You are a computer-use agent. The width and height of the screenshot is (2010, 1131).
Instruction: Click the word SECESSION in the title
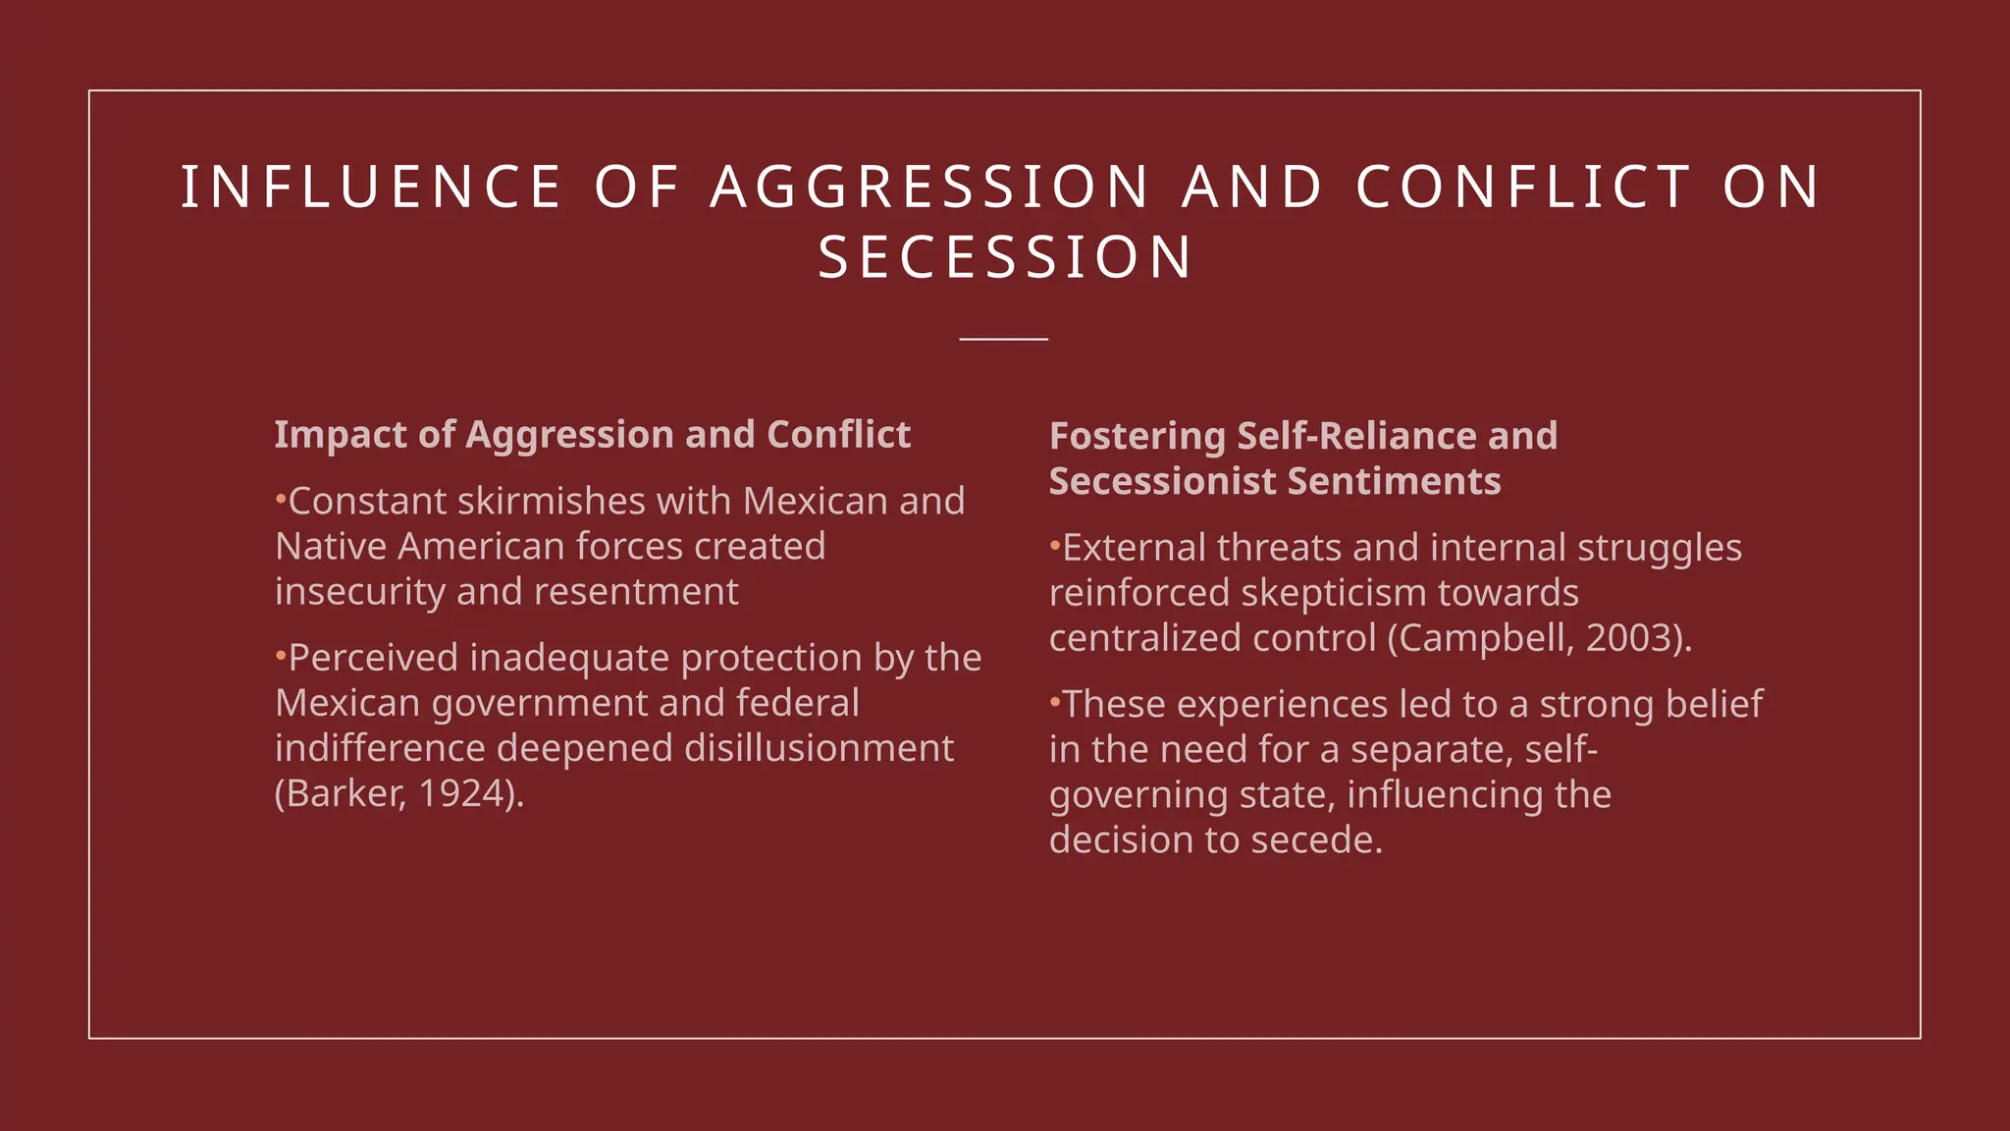1005,257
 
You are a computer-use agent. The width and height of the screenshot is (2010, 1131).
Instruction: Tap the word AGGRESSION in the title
929,187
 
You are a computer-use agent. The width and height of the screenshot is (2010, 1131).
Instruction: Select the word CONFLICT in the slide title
1523,187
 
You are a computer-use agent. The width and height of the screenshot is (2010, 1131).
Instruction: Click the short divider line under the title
1004,339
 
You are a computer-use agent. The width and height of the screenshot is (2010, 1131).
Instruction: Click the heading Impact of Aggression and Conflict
592,434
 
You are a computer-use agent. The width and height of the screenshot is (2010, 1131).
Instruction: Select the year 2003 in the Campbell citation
1629,638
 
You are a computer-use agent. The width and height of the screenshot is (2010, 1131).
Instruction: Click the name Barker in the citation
339,793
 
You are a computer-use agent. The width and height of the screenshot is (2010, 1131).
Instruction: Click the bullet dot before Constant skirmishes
281,500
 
